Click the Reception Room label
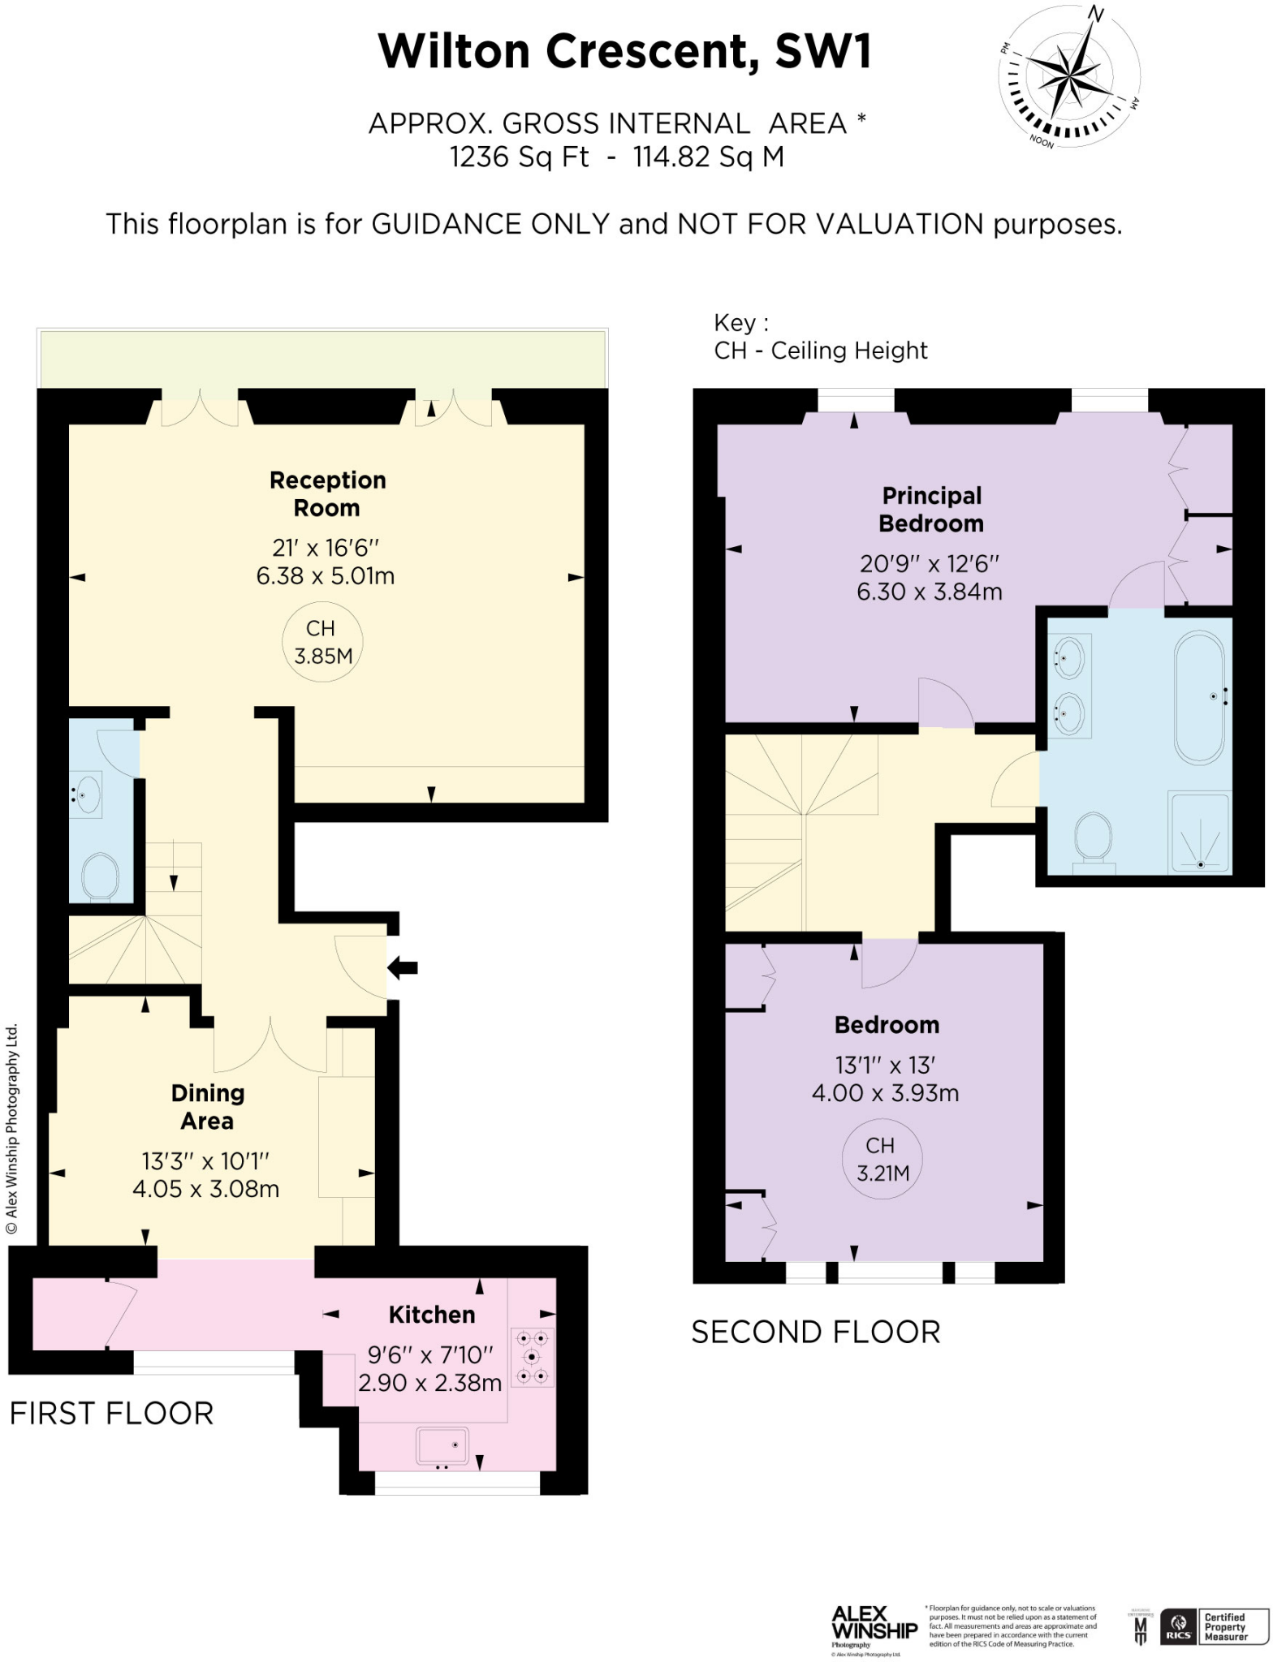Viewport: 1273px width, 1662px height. click(x=327, y=493)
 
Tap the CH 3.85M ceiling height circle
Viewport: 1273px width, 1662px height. click(x=322, y=641)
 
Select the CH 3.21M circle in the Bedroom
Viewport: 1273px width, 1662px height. click(x=882, y=1158)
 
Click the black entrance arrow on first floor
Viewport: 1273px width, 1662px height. click(x=403, y=967)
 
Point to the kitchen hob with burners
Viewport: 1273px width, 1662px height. click(x=533, y=1356)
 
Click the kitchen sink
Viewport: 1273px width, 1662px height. click(x=442, y=1445)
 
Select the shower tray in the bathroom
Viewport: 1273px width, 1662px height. click(x=1200, y=832)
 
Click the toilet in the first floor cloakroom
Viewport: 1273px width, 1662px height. click(x=101, y=875)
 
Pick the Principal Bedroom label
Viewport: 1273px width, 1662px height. click(x=931, y=509)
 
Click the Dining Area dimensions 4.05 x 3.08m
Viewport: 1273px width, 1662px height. click(x=205, y=1189)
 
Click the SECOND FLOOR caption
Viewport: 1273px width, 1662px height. click(x=815, y=1332)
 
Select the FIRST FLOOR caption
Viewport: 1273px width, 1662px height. click(x=111, y=1413)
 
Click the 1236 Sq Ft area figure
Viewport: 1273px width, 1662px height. click(x=520, y=156)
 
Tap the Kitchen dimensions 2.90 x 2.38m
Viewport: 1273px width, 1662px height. click(x=430, y=1382)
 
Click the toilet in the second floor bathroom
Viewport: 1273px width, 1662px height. click(x=1093, y=838)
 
